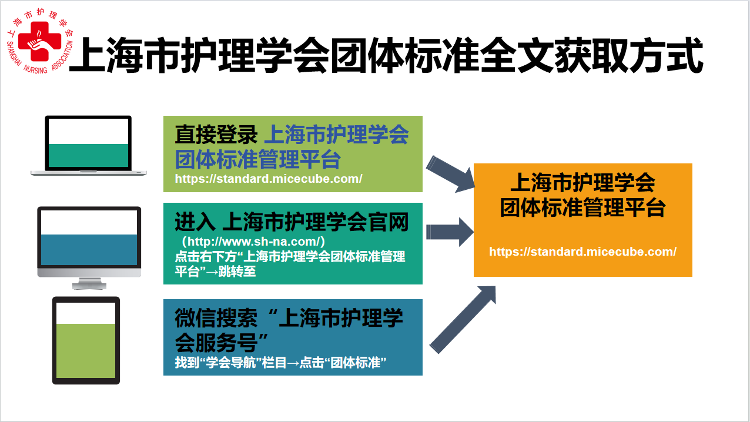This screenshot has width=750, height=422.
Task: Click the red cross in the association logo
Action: (39, 41)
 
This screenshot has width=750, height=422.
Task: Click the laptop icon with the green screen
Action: (88, 146)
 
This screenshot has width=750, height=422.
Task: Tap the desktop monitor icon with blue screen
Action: (89, 248)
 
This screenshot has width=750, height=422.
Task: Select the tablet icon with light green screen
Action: (86, 340)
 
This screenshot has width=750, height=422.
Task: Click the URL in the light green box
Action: (269, 179)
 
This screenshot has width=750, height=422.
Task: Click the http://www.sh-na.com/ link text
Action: (254, 241)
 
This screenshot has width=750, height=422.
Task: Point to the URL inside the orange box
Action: (582, 252)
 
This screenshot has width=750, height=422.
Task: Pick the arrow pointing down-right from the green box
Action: (451, 174)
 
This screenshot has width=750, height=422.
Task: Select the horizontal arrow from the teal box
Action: (450, 232)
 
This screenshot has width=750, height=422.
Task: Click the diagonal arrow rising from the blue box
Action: (463, 320)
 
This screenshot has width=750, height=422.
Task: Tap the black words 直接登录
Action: (216, 135)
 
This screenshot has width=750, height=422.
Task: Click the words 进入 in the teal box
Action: (195, 222)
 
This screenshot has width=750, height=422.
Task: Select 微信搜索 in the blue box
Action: (216, 318)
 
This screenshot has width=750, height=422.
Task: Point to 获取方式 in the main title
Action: (629, 55)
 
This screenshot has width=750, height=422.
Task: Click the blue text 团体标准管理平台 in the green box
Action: (257, 159)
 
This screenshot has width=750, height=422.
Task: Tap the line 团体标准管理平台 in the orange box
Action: (582, 207)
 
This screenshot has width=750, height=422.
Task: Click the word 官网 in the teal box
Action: (389, 222)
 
